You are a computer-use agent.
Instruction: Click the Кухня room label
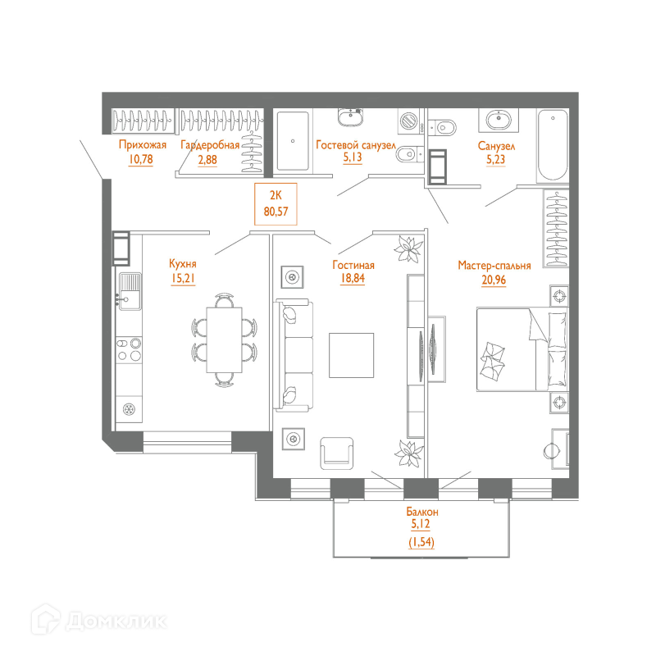point(182,264)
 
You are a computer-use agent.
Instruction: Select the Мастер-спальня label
point(494,266)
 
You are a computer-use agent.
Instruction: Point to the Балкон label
point(421,511)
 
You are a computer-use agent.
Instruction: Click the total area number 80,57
point(276,211)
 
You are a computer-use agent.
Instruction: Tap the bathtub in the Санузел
point(551,147)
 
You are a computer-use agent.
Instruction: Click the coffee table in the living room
point(351,354)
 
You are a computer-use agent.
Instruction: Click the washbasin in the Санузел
point(498,121)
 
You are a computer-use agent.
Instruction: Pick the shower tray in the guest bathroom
point(291,141)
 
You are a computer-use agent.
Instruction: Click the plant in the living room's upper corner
point(408,249)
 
